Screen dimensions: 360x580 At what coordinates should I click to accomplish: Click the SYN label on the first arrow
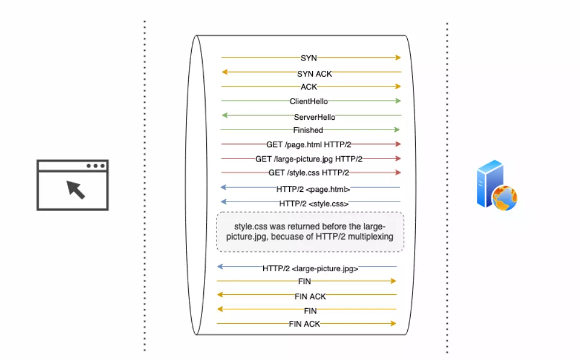coord(309,58)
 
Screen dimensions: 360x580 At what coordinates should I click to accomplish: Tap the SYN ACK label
coord(314,74)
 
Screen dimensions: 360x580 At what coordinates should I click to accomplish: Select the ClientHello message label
coord(309,101)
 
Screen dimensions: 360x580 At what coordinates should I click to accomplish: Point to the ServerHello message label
coord(314,117)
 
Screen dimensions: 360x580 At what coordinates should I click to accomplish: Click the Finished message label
coord(308,130)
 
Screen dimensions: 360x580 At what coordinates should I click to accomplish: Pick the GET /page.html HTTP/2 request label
coord(309,145)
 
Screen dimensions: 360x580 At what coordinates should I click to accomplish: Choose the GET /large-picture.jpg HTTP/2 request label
coord(309,158)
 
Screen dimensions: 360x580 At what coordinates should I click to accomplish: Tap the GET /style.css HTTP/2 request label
coord(309,172)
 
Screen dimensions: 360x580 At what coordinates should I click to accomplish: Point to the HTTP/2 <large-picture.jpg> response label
coord(310,268)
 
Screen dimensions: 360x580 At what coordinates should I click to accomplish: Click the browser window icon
coord(73,185)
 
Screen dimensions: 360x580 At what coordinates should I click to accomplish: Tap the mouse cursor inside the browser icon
coord(75,189)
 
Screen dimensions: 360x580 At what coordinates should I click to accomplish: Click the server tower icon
coord(490,184)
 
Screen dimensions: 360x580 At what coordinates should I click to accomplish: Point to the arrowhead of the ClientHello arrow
coord(397,101)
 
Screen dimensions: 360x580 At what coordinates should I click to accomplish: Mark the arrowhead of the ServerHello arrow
coord(225,115)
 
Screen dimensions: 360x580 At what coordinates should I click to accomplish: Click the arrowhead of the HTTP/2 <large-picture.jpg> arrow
coord(221,267)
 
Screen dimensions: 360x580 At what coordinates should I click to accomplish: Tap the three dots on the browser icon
coord(96,166)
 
